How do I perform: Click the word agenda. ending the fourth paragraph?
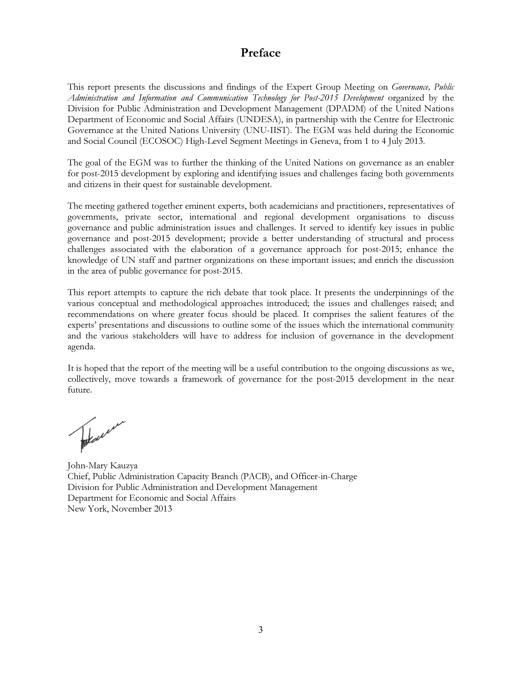point(81,347)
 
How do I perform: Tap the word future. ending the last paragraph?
point(80,390)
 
